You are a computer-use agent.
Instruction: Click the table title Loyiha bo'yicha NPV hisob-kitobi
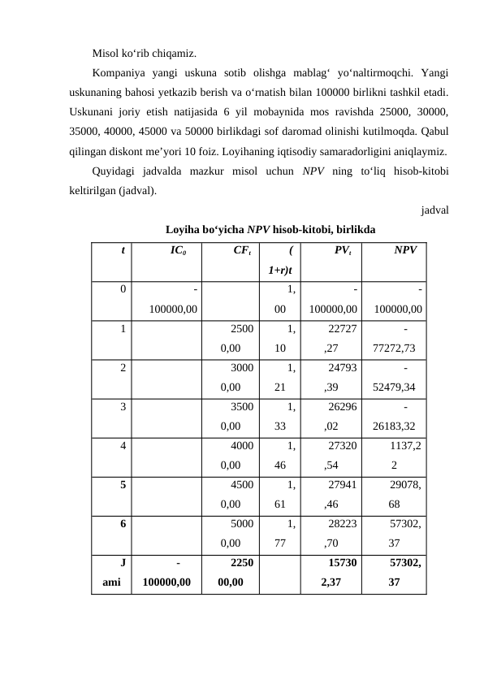coord(270,230)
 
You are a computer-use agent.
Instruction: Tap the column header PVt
coord(343,252)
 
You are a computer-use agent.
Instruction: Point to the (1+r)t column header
coord(284,260)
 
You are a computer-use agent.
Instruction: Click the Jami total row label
coord(115,572)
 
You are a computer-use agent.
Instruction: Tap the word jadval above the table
coord(435,211)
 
